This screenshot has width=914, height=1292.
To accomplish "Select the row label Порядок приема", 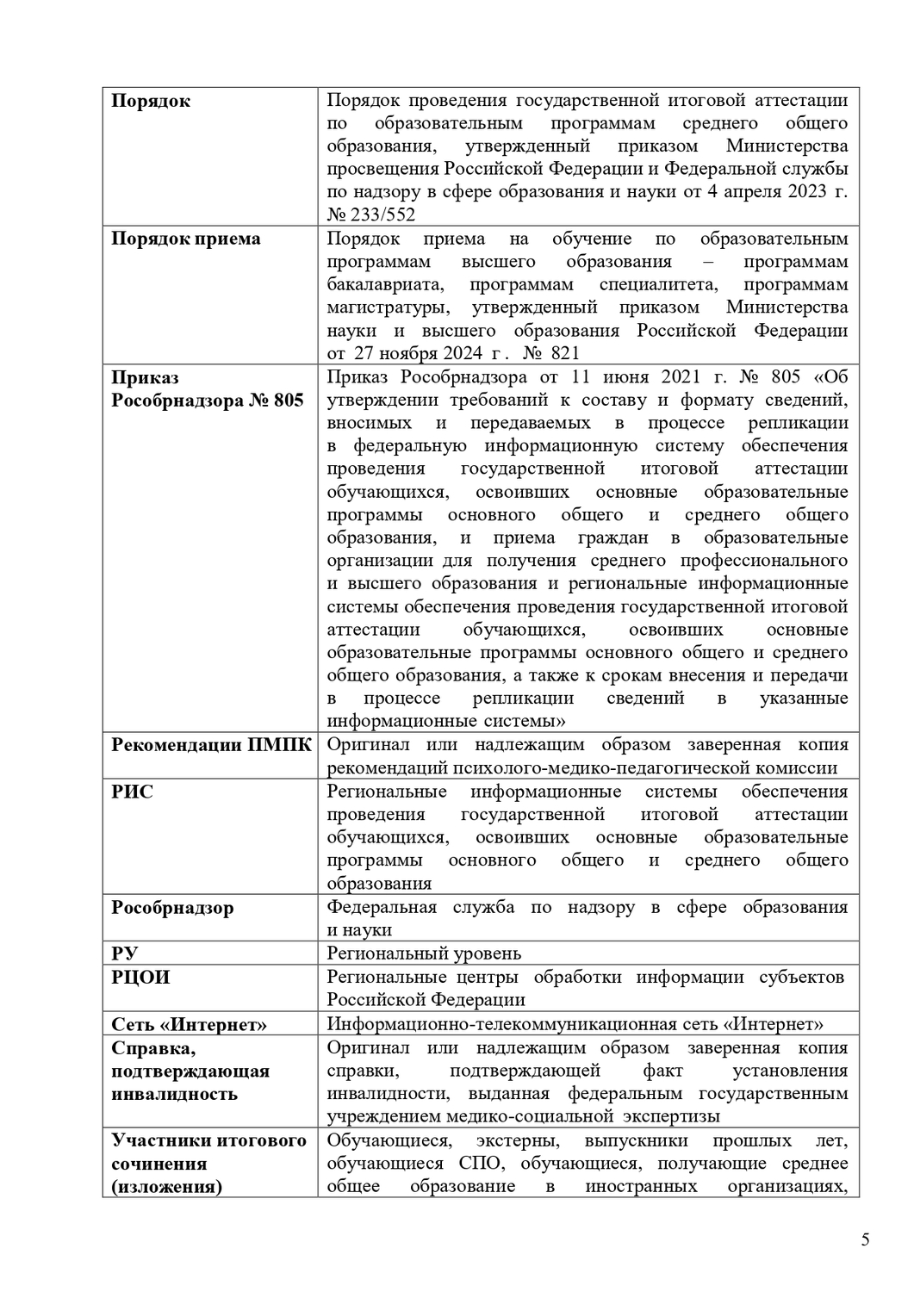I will click(186, 239).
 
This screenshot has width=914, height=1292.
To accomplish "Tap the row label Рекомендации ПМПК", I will click(211, 744).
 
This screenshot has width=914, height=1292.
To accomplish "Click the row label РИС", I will click(133, 792).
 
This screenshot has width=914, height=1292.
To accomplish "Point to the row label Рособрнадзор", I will click(172, 908).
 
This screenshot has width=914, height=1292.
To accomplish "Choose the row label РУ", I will click(125, 953).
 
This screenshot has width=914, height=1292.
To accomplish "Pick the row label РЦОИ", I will click(140, 977).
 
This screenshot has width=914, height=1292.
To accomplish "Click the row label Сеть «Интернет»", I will click(189, 1024).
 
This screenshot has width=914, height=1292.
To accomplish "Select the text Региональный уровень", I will click(424, 953).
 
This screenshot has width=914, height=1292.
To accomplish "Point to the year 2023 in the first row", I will click(807, 192).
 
